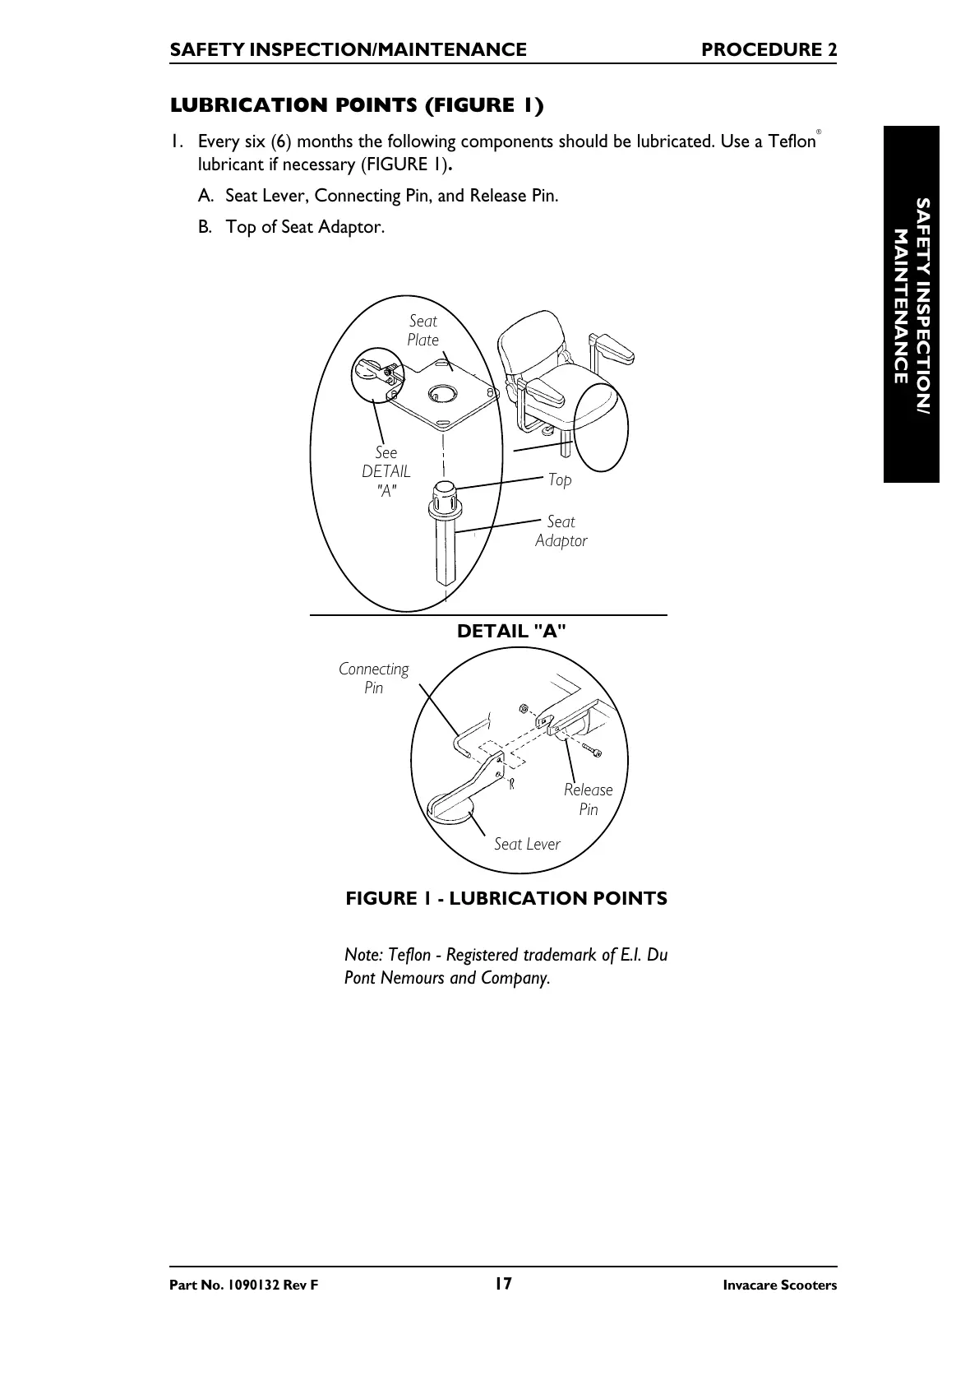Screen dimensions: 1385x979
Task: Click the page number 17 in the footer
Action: pyautogui.click(x=503, y=1284)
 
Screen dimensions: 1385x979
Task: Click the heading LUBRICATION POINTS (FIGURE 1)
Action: pyautogui.click(x=357, y=105)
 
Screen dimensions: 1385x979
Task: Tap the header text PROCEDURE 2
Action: pyautogui.click(x=769, y=50)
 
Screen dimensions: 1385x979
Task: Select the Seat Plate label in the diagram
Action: pyautogui.click(x=423, y=331)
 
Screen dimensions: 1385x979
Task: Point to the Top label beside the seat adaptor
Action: pyautogui.click(x=560, y=479)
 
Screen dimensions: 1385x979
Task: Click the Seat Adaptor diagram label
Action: pyautogui.click(x=561, y=531)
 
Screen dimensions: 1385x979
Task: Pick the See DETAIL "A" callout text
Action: pyautogui.click(x=386, y=471)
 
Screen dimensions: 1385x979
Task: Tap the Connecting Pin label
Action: pyautogui.click(x=374, y=679)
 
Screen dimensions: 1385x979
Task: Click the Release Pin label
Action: pyautogui.click(x=589, y=799)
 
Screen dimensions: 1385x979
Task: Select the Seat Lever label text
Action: pyautogui.click(x=527, y=844)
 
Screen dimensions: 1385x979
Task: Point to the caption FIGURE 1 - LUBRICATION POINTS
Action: pyautogui.click(x=506, y=898)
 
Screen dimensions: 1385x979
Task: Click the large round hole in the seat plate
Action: pyautogui.click(x=441, y=393)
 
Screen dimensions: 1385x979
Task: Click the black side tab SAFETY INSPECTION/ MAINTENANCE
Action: pyautogui.click(x=912, y=304)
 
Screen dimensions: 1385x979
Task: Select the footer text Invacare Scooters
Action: pyautogui.click(x=779, y=1285)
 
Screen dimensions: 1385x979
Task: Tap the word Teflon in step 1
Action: pyautogui.click(x=792, y=141)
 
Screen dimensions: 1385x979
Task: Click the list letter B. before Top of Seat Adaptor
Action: pyautogui.click(x=205, y=227)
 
